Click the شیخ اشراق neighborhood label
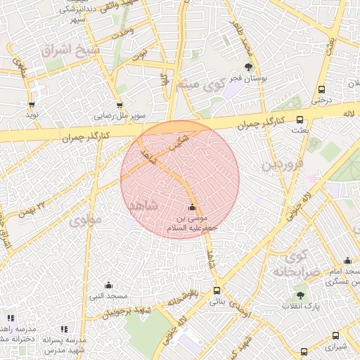[x=70, y=51]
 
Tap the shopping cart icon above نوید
[x=32, y=104]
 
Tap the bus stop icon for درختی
[x=321, y=89]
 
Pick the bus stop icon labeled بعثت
[x=300, y=120]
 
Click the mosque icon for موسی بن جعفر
[x=192, y=207]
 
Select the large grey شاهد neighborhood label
[x=146, y=204]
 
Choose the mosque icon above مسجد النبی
[x=108, y=285]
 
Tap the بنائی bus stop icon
[x=216, y=291]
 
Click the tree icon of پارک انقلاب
[x=301, y=296]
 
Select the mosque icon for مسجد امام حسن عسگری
[x=347, y=261]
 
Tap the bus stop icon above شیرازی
[x=335, y=336]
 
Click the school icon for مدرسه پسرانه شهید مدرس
[x=64, y=329]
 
